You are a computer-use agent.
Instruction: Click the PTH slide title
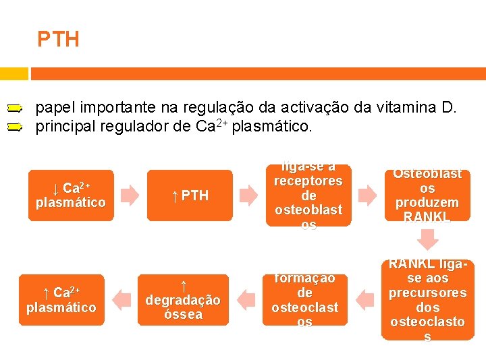click(x=58, y=40)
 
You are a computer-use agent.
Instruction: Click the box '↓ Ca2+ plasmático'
click(x=71, y=195)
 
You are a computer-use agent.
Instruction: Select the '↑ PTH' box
click(x=190, y=195)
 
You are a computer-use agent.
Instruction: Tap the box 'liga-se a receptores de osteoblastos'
click(x=308, y=195)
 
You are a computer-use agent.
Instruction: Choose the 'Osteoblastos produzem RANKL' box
click(x=427, y=195)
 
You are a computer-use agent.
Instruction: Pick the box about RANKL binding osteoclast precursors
click(x=427, y=299)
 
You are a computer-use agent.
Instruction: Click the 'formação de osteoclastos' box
click(x=304, y=299)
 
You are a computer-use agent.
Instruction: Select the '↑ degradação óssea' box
click(x=183, y=299)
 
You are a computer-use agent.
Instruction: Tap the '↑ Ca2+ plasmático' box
click(x=61, y=299)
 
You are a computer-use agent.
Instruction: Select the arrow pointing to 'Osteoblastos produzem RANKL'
click(x=368, y=195)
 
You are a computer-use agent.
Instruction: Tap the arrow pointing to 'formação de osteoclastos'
click(x=365, y=299)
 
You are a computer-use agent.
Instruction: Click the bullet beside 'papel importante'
click(x=16, y=107)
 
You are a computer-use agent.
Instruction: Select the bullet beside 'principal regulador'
click(x=16, y=126)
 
